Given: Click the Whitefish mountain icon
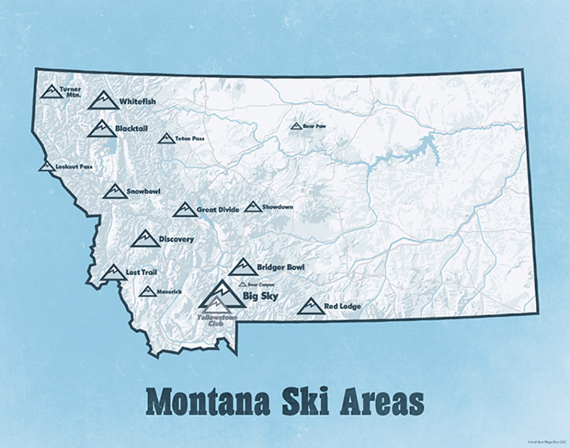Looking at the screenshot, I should (x=103, y=100).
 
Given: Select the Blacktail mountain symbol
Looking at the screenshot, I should (x=101, y=129).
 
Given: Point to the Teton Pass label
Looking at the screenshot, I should (x=190, y=139).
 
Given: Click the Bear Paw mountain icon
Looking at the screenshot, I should (x=296, y=126).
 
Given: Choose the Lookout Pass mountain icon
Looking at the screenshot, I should (x=47, y=166).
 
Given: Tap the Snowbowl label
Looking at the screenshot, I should (x=144, y=192).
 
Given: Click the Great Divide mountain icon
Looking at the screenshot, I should (x=185, y=210).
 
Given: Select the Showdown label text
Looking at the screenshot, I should (x=278, y=207).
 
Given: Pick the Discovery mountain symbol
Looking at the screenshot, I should (x=145, y=239).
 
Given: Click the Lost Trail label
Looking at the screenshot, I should (x=141, y=273).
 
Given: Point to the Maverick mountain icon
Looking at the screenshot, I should (x=147, y=292).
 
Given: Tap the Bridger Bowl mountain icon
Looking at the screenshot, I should (x=243, y=267).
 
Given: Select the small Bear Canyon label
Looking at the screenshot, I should (x=261, y=284).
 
